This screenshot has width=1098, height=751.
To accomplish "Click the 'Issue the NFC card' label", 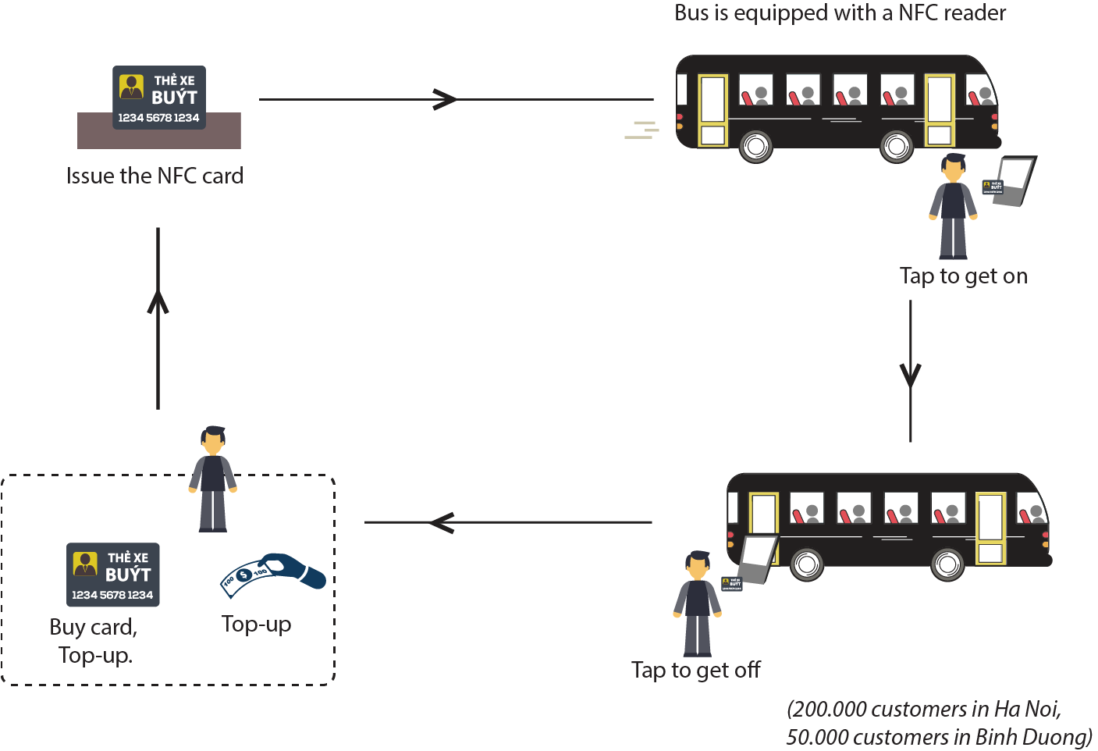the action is (x=155, y=176).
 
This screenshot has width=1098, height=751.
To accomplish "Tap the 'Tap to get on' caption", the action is (x=964, y=276).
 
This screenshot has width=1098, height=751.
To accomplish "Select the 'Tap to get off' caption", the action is (x=696, y=671).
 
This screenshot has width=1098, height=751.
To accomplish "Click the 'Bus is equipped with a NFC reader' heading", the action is (x=840, y=12).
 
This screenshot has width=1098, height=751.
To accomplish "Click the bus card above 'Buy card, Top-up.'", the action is (x=112, y=575).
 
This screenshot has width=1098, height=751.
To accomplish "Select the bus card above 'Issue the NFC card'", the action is (x=159, y=98).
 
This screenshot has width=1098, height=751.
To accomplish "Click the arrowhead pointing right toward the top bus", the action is (x=444, y=99).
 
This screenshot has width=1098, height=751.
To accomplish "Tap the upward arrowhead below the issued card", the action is (x=158, y=301).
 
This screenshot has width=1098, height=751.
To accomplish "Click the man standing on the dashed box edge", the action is (x=213, y=479).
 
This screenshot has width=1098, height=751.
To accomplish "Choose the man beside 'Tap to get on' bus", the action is (x=953, y=206).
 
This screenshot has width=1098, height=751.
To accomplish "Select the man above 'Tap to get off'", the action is (x=697, y=604).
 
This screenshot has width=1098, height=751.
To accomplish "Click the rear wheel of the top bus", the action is (x=755, y=147).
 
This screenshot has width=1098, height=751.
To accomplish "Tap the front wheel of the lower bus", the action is (x=947, y=564).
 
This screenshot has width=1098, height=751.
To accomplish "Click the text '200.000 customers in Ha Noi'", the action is (x=923, y=710).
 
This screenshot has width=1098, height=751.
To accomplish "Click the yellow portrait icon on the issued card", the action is (x=131, y=87).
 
